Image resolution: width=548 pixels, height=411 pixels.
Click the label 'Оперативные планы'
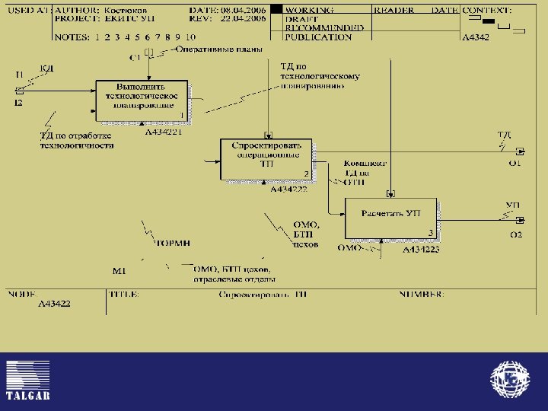[219, 49]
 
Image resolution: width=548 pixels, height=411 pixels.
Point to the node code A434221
[164, 132]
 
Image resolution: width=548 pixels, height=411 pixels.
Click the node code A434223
[421, 249]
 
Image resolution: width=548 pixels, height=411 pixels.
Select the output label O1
[515, 163]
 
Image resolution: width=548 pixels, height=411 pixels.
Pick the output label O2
[515, 234]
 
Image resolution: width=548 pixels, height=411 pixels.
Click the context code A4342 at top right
[477, 37]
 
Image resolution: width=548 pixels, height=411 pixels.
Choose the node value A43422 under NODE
[55, 303]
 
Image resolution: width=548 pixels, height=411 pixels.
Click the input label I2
[18, 103]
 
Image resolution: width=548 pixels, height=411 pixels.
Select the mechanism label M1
[119, 271]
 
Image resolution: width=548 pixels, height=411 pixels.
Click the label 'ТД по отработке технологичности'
[76, 140]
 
